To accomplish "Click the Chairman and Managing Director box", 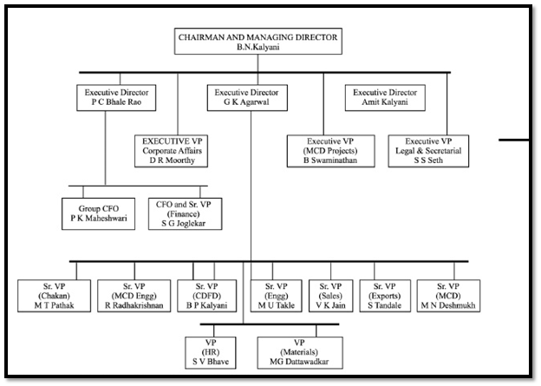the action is click(x=258, y=42).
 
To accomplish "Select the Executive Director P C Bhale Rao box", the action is click(x=116, y=98).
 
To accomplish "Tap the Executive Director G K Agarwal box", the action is click(x=247, y=98).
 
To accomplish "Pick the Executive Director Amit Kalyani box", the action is click(x=385, y=98).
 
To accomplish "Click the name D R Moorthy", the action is click(x=172, y=160).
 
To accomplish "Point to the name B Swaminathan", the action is click(x=330, y=160).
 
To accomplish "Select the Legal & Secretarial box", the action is click(x=428, y=151).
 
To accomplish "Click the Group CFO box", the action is click(x=98, y=213).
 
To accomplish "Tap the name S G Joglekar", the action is click(x=184, y=224).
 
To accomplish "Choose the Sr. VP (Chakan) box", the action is click(x=54, y=296).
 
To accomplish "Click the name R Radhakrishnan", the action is click(x=134, y=305).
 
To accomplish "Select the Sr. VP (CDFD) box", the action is click(x=207, y=296).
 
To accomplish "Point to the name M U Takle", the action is click(x=277, y=305).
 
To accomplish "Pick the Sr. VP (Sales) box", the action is click(x=330, y=296).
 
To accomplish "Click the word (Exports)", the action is click(x=385, y=297).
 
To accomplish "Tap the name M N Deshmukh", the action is click(x=448, y=305).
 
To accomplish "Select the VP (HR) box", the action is click(x=211, y=353).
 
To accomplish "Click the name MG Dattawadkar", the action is click(x=299, y=362).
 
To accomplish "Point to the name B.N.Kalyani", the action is click(x=258, y=48).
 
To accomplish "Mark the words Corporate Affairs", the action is click(x=172, y=151).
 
